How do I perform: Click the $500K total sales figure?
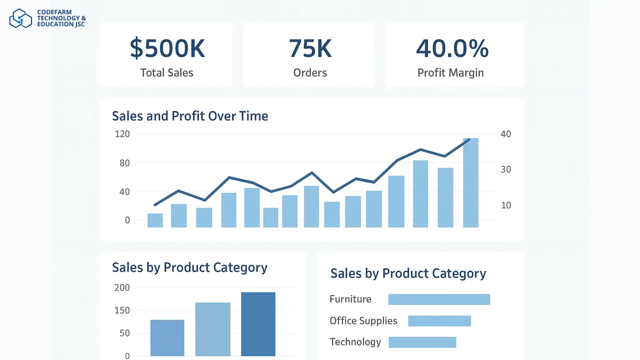point(167,49)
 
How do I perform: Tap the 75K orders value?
point(310,49)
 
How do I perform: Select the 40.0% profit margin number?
point(452,49)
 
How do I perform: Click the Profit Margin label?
point(450,73)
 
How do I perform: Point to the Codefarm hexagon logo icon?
point(20,18)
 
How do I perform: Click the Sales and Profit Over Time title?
point(190,116)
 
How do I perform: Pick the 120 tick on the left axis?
point(122,134)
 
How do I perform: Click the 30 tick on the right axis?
point(506,169)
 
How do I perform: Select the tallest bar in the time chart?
point(471,183)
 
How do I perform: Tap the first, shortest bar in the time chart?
point(155,220)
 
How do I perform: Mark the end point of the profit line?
point(469,140)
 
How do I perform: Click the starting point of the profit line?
point(155,204)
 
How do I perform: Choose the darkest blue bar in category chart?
point(258,324)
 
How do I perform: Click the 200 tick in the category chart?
point(122,288)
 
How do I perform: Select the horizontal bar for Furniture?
point(439,299)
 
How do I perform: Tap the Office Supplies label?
point(363,321)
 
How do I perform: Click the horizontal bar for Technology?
point(422,342)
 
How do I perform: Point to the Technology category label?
point(355,342)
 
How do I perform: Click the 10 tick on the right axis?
point(506,205)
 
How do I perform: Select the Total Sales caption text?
point(167,73)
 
